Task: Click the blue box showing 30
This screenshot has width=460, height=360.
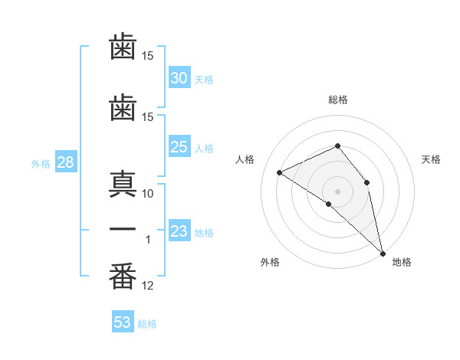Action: [179, 77]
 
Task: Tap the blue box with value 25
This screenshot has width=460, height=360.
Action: [179, 146]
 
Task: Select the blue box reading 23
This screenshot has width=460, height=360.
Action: [179, 230]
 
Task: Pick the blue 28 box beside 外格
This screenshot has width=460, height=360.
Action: [66, 162]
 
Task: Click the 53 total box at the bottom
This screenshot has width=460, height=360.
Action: [123, 321]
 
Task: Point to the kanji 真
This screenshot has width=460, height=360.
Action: [123, 185]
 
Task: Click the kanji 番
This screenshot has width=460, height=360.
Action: [123, 277]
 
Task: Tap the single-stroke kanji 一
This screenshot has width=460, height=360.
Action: [123, 229]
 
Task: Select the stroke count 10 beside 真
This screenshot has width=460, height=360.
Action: [147, 194]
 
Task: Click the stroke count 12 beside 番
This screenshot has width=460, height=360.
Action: [147, 286]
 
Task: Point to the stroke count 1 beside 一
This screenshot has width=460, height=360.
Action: [148, 240]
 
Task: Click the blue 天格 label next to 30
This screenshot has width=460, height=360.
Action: [204, 80]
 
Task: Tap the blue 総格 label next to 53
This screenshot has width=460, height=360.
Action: [147, 324]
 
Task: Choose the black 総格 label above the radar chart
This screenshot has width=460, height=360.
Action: [338, 100]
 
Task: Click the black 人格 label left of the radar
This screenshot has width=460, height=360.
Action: [245, 159]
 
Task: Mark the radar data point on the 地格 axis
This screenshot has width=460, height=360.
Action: [383, 254]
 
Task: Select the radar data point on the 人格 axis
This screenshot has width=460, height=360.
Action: [280, 172]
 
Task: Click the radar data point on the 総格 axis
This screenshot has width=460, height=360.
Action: [337, 146]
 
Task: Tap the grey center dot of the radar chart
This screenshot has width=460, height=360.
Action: [337, 191]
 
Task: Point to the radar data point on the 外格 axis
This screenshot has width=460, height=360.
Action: [329, 204]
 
